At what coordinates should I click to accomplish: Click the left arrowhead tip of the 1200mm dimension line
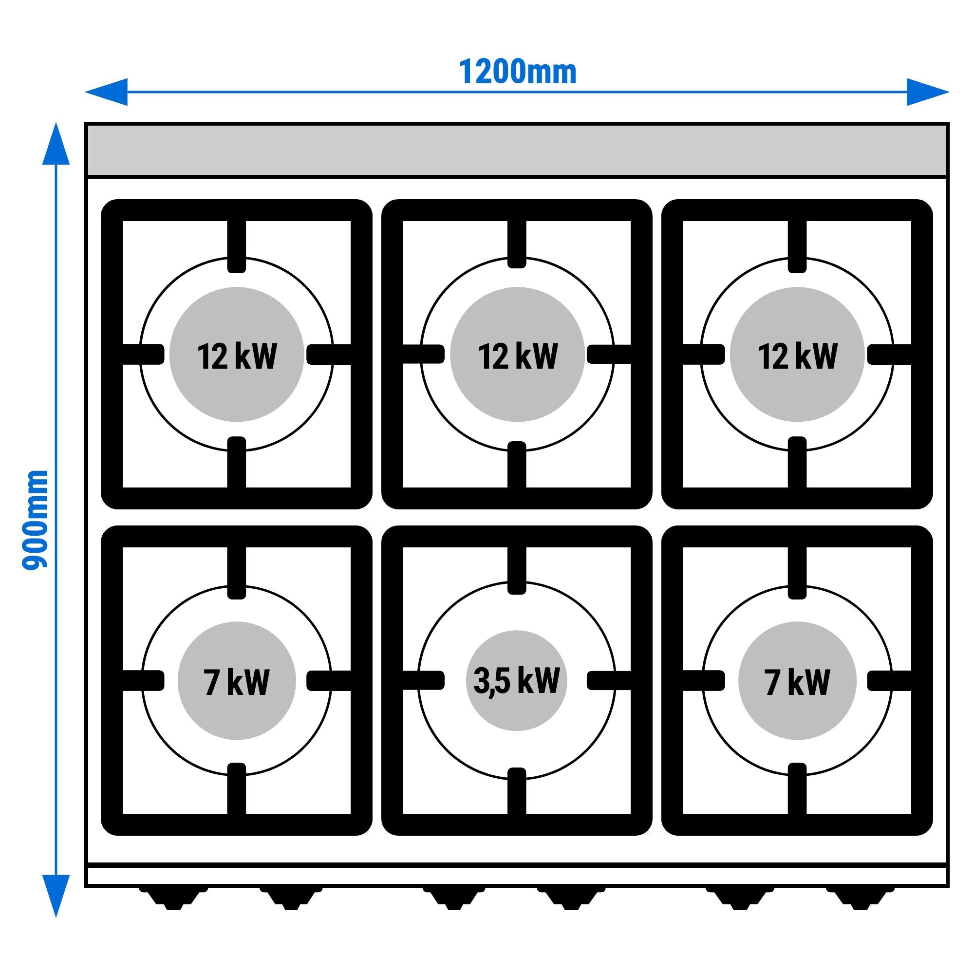[x=85, y=92]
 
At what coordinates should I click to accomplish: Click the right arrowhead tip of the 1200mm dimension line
[x=949, y=92]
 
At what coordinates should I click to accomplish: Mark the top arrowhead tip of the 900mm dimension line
[x=56, y=123]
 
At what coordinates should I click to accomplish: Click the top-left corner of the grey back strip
[x=88, y=126]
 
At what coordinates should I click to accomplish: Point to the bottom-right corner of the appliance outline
[x=949, y=886]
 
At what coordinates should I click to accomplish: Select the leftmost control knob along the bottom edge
[x=173, y=899]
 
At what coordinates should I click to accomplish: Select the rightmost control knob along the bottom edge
[x=859, y=899]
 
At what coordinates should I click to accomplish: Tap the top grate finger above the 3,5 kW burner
[x=517, y=570]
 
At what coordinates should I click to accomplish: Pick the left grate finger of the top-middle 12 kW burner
[x=424, y=354]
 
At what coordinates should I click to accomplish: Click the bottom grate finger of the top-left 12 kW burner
[x=237, y=462]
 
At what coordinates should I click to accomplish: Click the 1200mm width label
[x=517, y=73]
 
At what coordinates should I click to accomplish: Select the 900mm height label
[x=35, y=520]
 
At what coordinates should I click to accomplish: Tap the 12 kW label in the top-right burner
[x=797, y=356]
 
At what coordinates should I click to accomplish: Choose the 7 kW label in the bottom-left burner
[x=237, y=683]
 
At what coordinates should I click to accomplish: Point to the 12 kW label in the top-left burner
[x=237, y=356]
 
